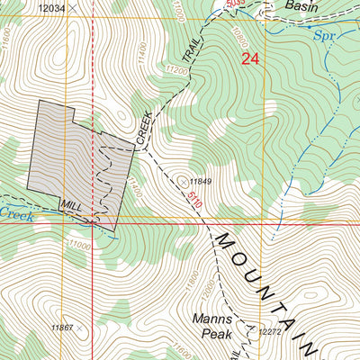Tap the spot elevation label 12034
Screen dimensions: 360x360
coord(53,8)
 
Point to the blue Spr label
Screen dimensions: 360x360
coord(324,38)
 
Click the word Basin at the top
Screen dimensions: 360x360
coord(301,5)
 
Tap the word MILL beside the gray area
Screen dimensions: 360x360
coord(71,207)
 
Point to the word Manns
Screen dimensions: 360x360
coord(211,319)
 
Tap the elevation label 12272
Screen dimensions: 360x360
coord(271,332)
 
